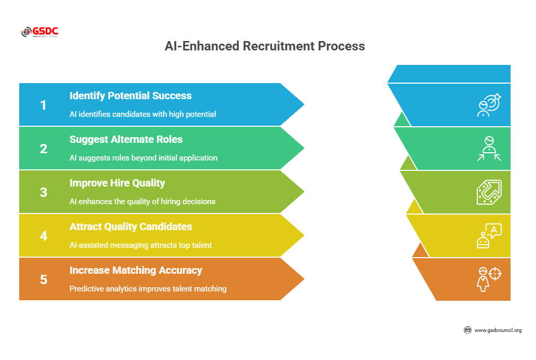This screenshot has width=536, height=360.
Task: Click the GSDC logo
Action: [x=39, y=32]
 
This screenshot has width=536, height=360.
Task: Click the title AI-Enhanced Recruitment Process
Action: [x=265, y=46]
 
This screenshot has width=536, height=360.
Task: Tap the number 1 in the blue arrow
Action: [x=44, y=105]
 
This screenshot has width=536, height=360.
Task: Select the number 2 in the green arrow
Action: [x=44, y=149]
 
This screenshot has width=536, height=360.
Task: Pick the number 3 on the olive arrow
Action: [x=44, y=192]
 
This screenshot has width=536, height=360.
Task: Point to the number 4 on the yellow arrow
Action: [x=44, y=236]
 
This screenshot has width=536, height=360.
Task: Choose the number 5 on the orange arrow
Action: [x=44, y=279]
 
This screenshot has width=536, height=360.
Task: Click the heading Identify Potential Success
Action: [x=130, y=96]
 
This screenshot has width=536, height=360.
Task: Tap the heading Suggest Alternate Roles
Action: [x=126, y=139]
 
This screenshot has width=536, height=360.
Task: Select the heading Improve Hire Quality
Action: [x=117, y=183]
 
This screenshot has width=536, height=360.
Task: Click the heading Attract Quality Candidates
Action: [x=131, y=226]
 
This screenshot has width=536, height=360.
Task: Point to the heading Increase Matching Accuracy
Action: [x=136, y=270]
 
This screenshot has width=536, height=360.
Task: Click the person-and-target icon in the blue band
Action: [x=489, y=105]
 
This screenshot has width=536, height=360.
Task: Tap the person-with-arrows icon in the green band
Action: [x=489, y=149]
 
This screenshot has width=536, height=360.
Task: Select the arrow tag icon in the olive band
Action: [x=489, y=192]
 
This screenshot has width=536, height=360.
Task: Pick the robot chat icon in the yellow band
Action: [x=489, y=236]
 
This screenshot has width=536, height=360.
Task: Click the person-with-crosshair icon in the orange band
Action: [x=489, y=279]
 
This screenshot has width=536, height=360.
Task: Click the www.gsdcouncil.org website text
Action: [x=498, y=330]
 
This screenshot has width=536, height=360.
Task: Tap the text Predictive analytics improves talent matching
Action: [x=148, y=288]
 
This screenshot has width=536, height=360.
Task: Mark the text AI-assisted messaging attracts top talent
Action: [x=141, y=245]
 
